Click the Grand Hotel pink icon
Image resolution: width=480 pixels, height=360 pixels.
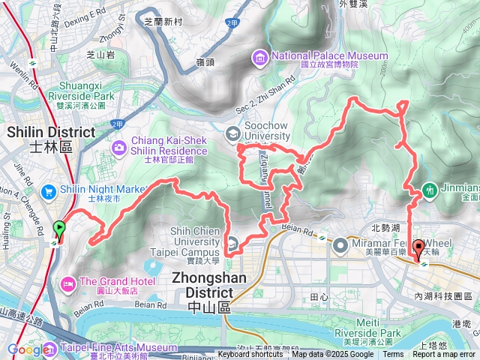67,282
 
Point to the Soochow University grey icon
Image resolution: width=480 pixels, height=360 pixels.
233,133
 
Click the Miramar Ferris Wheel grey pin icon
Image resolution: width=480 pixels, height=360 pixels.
340,244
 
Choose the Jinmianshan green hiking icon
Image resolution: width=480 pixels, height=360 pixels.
430,191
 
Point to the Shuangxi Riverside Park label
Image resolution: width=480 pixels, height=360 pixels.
81,97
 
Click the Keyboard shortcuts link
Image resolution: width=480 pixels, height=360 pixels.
250,355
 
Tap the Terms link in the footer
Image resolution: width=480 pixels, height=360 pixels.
393,355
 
